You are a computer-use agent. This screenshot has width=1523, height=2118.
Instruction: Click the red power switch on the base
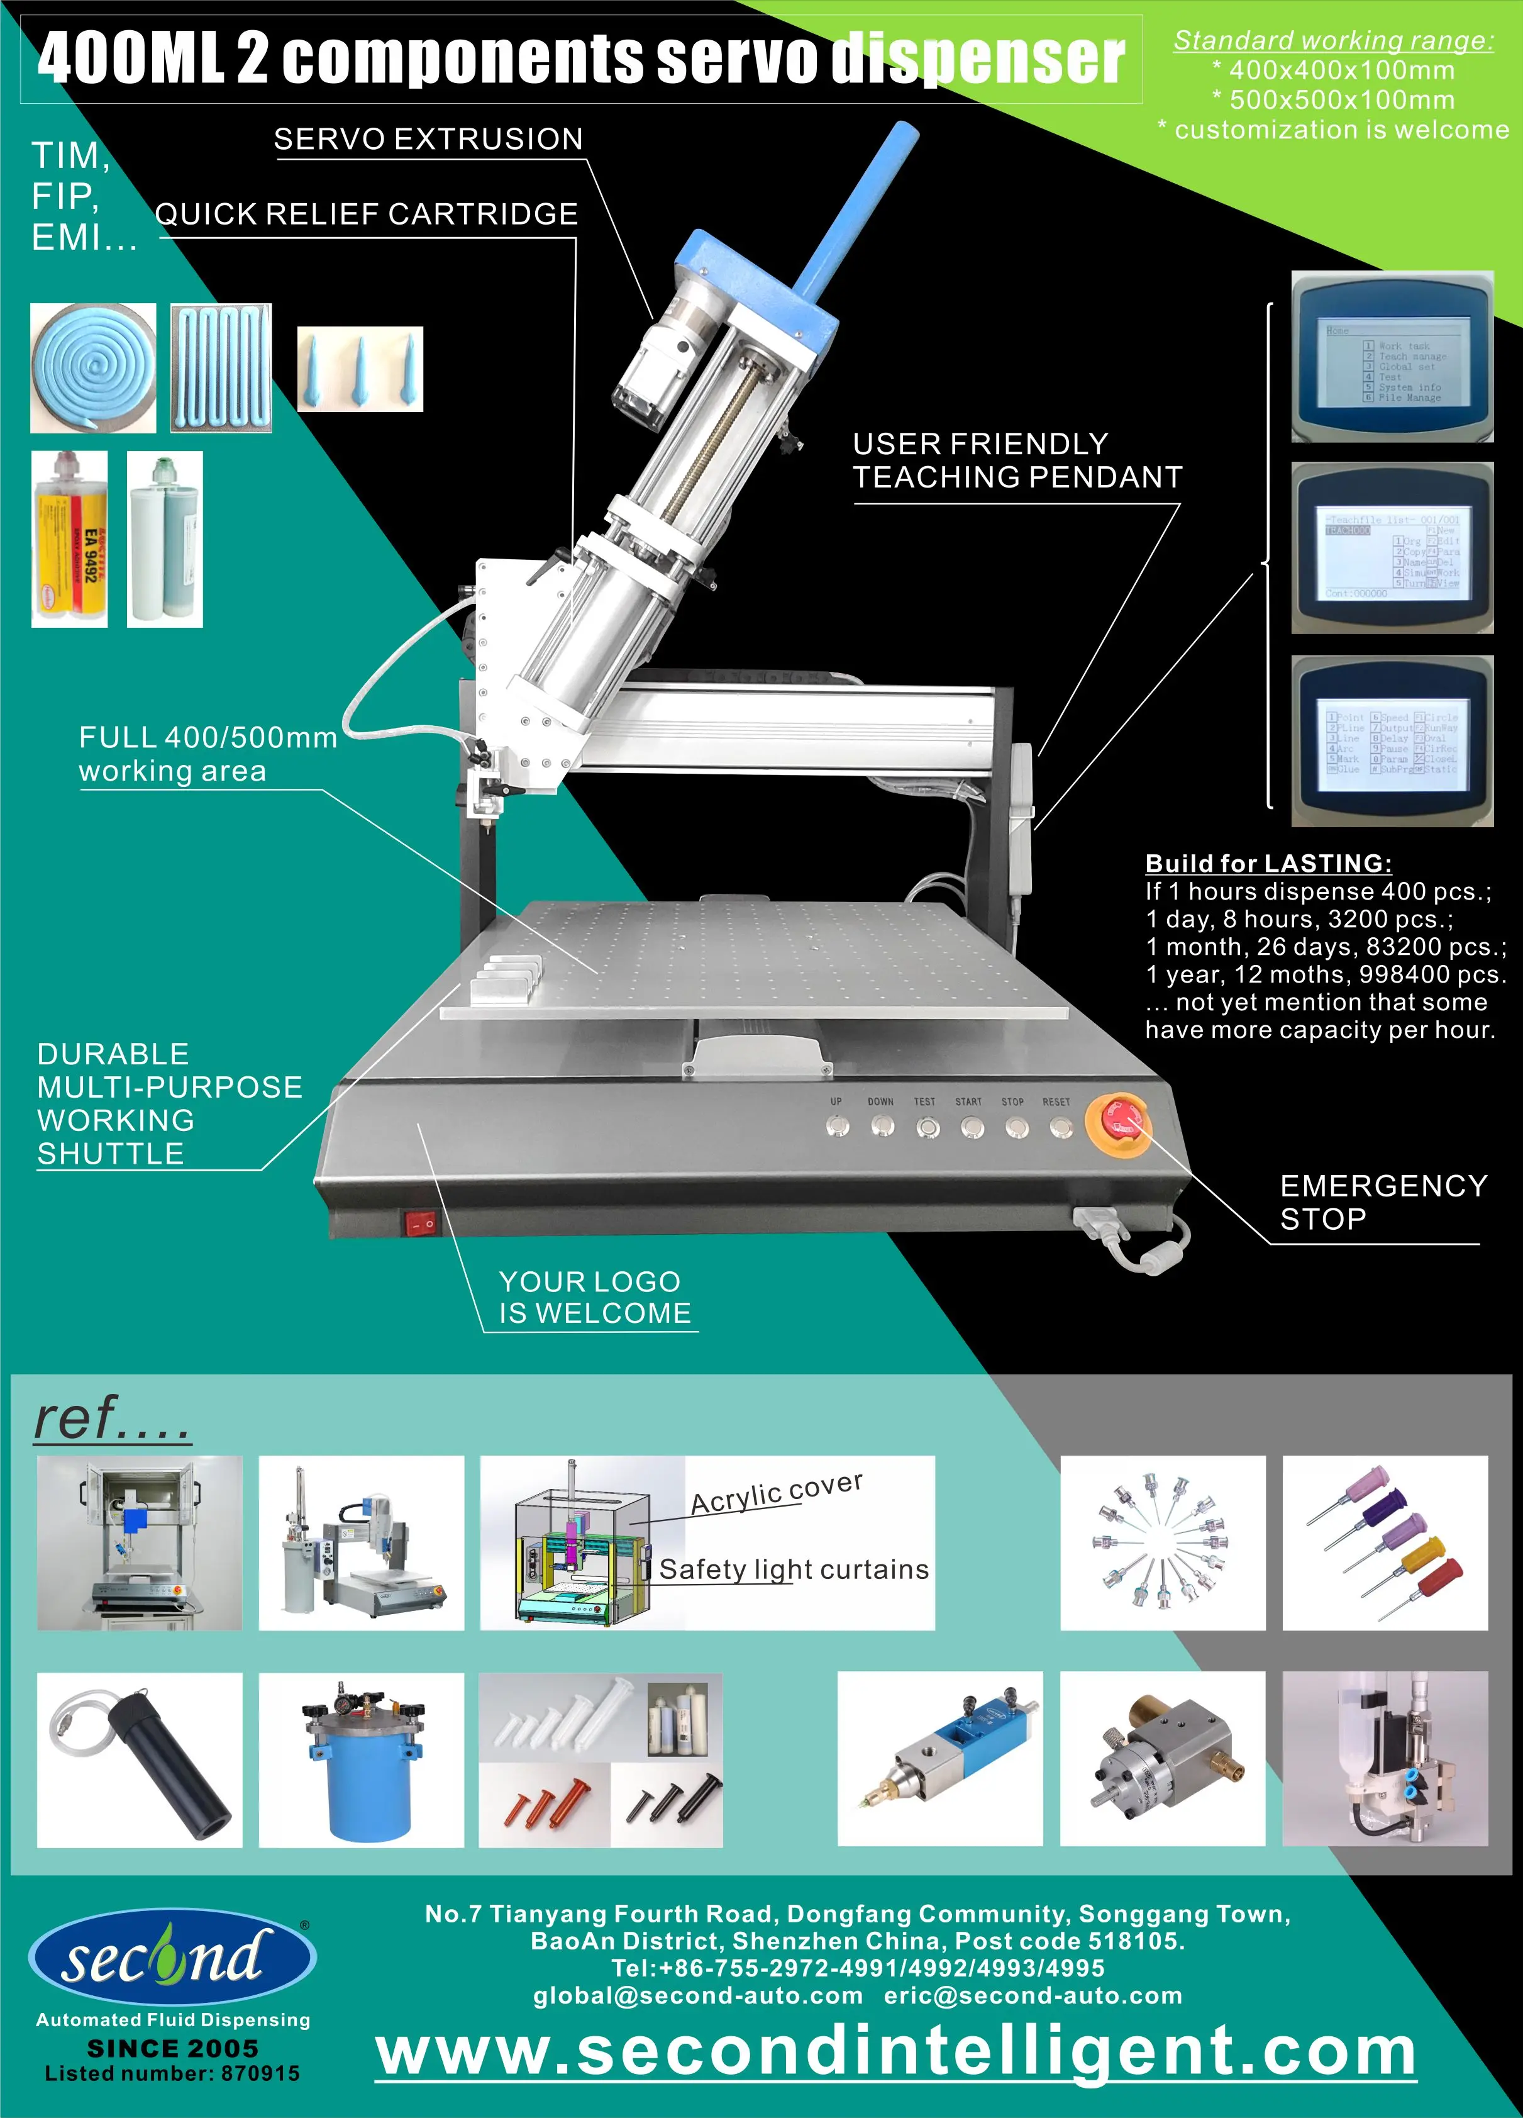click(x=420, y=1222)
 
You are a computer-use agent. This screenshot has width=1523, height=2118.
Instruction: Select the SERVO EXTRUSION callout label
click(x=428, y=139)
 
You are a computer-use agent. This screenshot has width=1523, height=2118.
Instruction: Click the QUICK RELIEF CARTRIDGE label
click(x=366, y=214)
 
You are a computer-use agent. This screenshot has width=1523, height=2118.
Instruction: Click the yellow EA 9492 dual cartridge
click(x=69, y=539)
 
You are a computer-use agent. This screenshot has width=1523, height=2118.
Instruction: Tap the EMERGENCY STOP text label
click(x=1382, y=1202)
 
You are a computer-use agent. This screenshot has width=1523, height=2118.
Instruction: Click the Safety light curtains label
click(x=794, y=1570)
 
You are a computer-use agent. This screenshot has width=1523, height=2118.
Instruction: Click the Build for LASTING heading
click(x=1268, y=863)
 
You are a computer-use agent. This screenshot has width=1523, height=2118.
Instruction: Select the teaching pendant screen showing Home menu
click(x=1392, y=357)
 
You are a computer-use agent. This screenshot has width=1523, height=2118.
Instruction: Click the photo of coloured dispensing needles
click(x=1385, y=1543)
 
